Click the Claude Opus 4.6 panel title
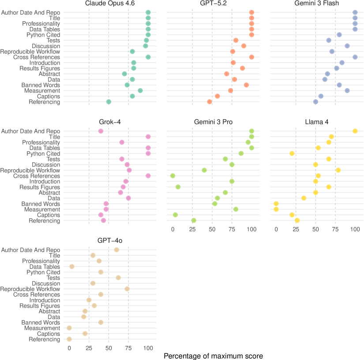click(109, 4)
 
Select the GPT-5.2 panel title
click(212, 4)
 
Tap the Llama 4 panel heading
click(315, 122)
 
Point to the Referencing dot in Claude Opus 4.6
click(109, 102)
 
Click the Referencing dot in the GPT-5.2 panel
click(210, 102)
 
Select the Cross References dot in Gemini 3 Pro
click(173, 176)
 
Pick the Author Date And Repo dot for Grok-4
click(101, 131)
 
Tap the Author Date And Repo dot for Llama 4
click(355, 131)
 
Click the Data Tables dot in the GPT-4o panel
click(72, 267)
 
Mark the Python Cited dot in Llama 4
click(292, 153)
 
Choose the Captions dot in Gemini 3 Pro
click(175, 215)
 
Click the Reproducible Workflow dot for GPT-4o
click(127, 289)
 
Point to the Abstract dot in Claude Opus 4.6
click(124, 74)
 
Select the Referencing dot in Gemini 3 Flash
click(315, 102)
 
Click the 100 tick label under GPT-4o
click(148, 348)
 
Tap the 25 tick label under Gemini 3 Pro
click(192, 229)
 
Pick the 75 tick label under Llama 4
click(335, 229)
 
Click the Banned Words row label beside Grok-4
click(41, 204)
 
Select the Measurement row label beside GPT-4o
click(42, 328)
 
